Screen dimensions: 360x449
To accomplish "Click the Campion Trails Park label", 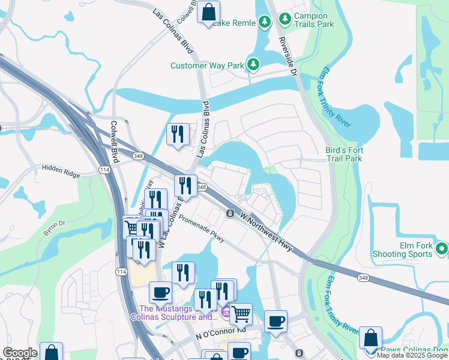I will pos(303,20).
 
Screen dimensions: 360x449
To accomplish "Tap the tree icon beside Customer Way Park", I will pos(254,65).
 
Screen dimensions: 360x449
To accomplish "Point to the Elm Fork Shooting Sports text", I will pos(408,250).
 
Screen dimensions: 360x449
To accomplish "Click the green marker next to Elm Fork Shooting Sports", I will pos(442,248).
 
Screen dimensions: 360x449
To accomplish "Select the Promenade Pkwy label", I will pos(201,229).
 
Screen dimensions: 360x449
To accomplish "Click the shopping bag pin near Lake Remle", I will pos(208,12).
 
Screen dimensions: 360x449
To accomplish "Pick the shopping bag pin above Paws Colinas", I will pos(370,338).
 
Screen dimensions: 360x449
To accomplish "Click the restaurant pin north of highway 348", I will pos(177,134).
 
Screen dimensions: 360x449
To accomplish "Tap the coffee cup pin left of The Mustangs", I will pos(160,293).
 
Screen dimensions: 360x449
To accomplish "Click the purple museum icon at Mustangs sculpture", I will pos(226,312).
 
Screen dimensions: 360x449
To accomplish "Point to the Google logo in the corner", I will pos(20,353).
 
